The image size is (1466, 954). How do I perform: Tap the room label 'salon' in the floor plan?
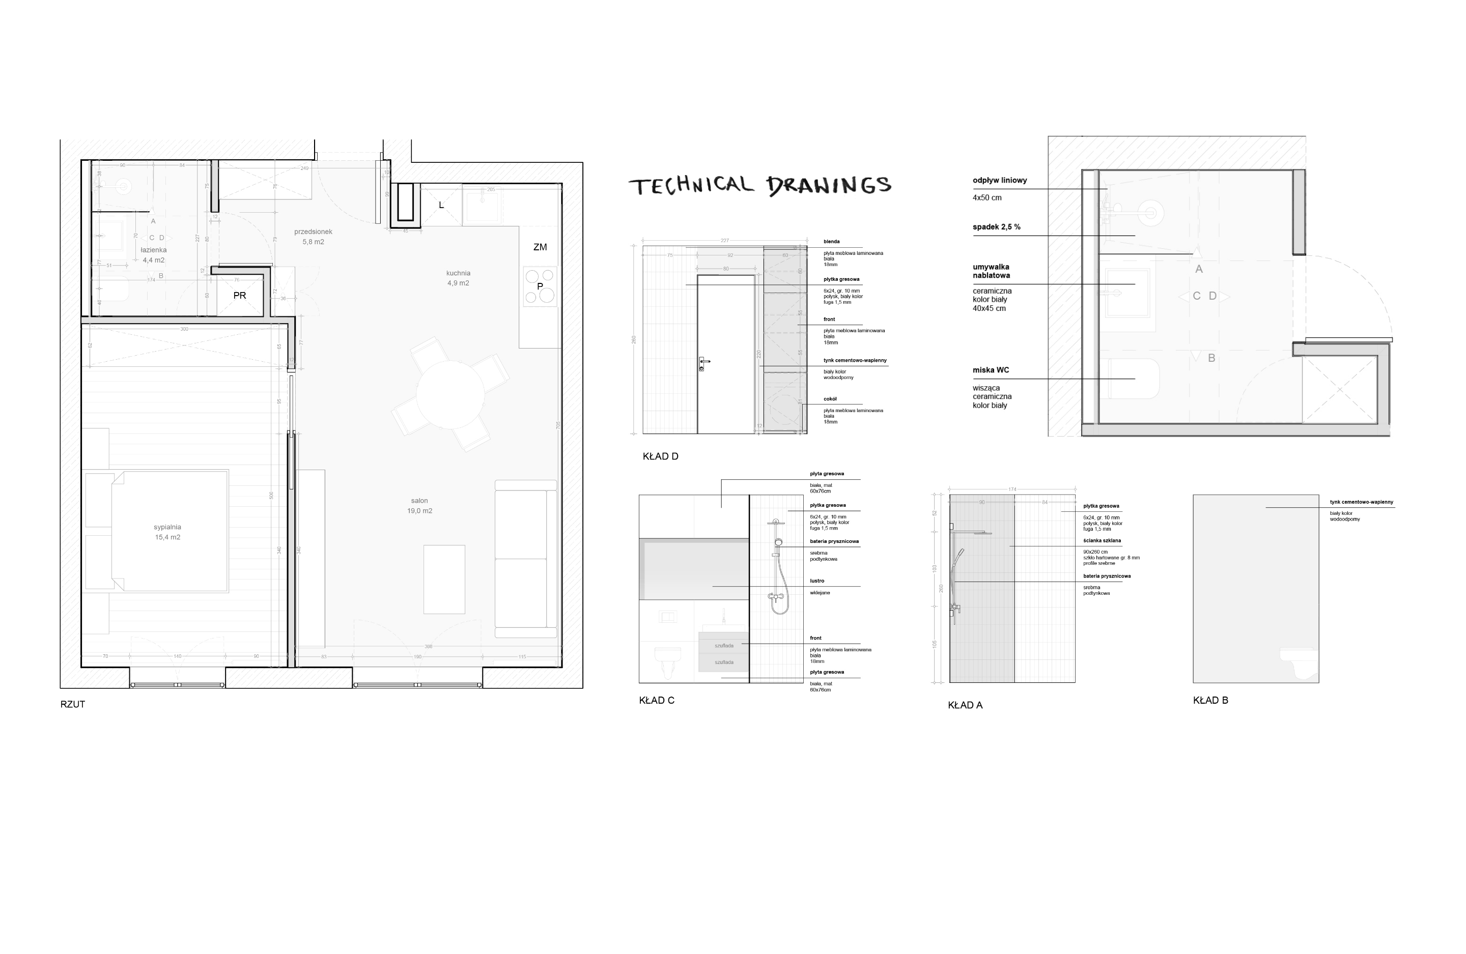click(x=419, y=501)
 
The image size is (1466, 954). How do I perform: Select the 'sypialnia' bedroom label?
click(x=167, y=527)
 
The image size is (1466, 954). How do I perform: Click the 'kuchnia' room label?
click(x=458, y=273)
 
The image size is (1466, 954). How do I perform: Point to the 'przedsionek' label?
click(x=313, y=232)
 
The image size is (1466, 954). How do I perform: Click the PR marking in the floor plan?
click(x=240, y=296)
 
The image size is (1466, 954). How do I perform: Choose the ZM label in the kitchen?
click(x=540, y=247)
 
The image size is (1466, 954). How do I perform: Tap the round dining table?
click(x=450, y=394)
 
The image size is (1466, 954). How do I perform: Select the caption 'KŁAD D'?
click(x=660, y=456)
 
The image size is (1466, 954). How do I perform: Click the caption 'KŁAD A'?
click(x=965, y=705)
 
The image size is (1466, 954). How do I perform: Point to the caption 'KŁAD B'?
click(x=1210, y=700)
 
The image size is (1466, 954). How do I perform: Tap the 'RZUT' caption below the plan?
click(x=73, y=704)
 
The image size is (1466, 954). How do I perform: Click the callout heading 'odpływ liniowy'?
click(x=1000, y=181)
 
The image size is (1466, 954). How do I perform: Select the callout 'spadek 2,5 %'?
click(x=997, y=226)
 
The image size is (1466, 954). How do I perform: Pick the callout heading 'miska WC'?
click(x=991, y=370)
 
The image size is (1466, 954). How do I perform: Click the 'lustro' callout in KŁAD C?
click(x=817, y=581)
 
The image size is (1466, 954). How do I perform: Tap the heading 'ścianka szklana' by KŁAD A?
click(x=1102, y=541)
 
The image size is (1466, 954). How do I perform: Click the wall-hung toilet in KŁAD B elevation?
click(x=1299, y=662)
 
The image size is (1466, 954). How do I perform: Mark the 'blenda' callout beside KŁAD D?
click(x=832, y=241)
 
